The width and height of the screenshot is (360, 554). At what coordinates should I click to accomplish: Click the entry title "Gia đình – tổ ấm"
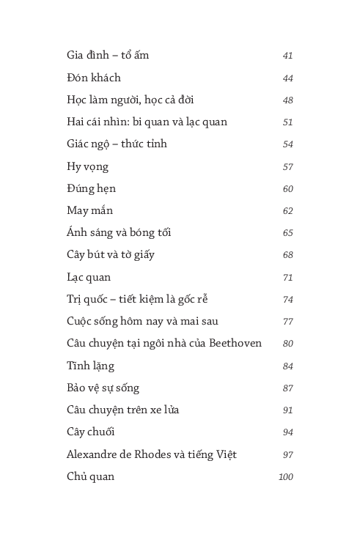pyautogui.click(x=108, y=56)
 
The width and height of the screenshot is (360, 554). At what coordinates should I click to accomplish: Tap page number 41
pyautogui.click(x=287, y=56)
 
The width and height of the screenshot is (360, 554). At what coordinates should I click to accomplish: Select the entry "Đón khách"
pyautogui.click(x=94, y=78)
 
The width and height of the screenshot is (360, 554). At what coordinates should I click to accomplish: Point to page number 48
pyautogui.click(x=287, y=100)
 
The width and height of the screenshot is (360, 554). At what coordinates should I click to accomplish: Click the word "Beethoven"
pyautogui.click(x=235, y=343)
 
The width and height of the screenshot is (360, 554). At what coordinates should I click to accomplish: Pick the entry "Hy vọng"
pyautogui.click(x=87, y=166)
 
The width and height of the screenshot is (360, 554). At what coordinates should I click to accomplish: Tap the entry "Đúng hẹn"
pyautogui.click(x=91, y=188)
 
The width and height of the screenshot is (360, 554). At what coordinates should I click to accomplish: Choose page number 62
pyautogui.click(x=287, y=211)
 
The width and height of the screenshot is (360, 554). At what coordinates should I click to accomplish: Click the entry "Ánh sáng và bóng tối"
pyautogui.click(x=119, y=233)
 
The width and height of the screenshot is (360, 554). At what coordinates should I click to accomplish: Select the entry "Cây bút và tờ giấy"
pyautogui.click(x=110, y=255)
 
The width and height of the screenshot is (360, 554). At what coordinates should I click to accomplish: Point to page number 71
pyautogui.click(x=287, y=278)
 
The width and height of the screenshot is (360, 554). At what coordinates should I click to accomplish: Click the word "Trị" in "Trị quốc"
pyautogui.click(x=73, y=299)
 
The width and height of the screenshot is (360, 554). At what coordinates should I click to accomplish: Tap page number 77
pyautogui.click(x=287, y=322)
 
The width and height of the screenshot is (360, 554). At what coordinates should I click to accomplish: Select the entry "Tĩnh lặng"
pyautogui.click(x=90, y=366)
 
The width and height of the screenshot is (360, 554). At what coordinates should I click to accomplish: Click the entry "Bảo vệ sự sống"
pyautogui.click(x=103, y=388)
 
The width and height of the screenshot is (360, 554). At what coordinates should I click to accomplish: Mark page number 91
pyautogui.click(x=287, y=410)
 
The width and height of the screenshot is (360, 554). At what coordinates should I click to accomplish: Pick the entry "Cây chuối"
pyautogui.click(x=90, y=432)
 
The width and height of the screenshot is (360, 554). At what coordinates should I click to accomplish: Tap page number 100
pyautogui.click(x=285, y=477)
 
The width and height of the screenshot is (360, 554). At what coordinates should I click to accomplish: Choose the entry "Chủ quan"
pyautogui.click(x=90, y=477)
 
